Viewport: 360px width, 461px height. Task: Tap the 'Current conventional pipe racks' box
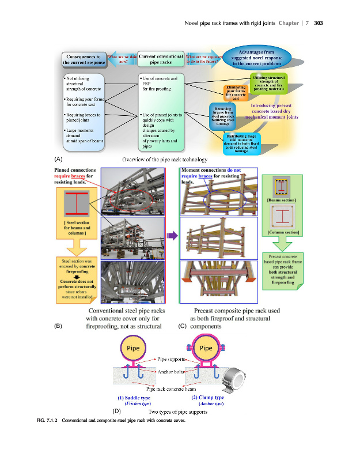[x=161, y=59]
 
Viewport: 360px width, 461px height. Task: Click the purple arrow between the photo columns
[x=172, y=236]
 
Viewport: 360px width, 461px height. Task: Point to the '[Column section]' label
[x=282, y=232]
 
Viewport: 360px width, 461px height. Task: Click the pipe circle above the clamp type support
[x=206, y=348]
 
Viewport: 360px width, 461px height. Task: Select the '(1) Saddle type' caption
[x=134, y=398]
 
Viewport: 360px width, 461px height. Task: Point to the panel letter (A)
[x=58, y=158]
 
